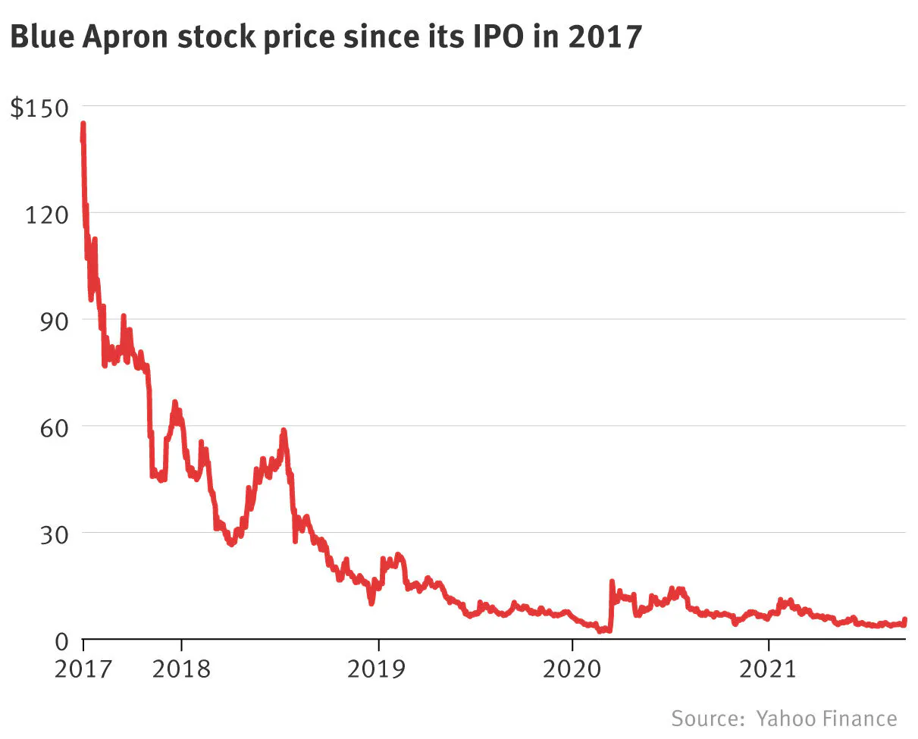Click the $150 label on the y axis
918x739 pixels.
pyautogui.click(x=39, y=108)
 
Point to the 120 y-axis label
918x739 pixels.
pyautogui.click(x=47, y=214)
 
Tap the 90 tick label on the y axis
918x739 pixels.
pyautogui.click(x=54, y=321)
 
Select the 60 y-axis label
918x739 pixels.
pyautogui.click(x=54, y=428)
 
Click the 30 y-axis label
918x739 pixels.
pyautogui.click(x=54, y=534)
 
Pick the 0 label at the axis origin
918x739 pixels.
pyautogui.click(x=61, y=641)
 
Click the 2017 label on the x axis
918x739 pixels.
pyautogui.click(x=83, y=669)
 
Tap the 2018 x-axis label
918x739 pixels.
pyautogui.click(x=181, y=669)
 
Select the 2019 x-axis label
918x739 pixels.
pyautogui.click(x=376, y=669)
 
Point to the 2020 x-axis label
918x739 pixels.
pyautogui.click(x=572, y=669)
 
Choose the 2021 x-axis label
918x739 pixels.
pyautogui.click(x=768, y=669)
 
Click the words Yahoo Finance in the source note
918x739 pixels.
pyautogui.click(x=827, y=719)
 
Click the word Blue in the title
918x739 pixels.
pyautogui.click(x=42, y=36)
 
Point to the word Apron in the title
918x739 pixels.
pyautogui.click(x=125, y=39)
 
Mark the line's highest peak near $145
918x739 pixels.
pyautogui.click(x=83, y=124)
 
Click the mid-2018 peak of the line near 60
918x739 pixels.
pyautogui.click(x=284, y=431)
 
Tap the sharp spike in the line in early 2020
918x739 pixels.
pyautogui.click(x=612, y=581)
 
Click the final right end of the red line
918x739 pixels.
pyautogui.click(x=905, y=620)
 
